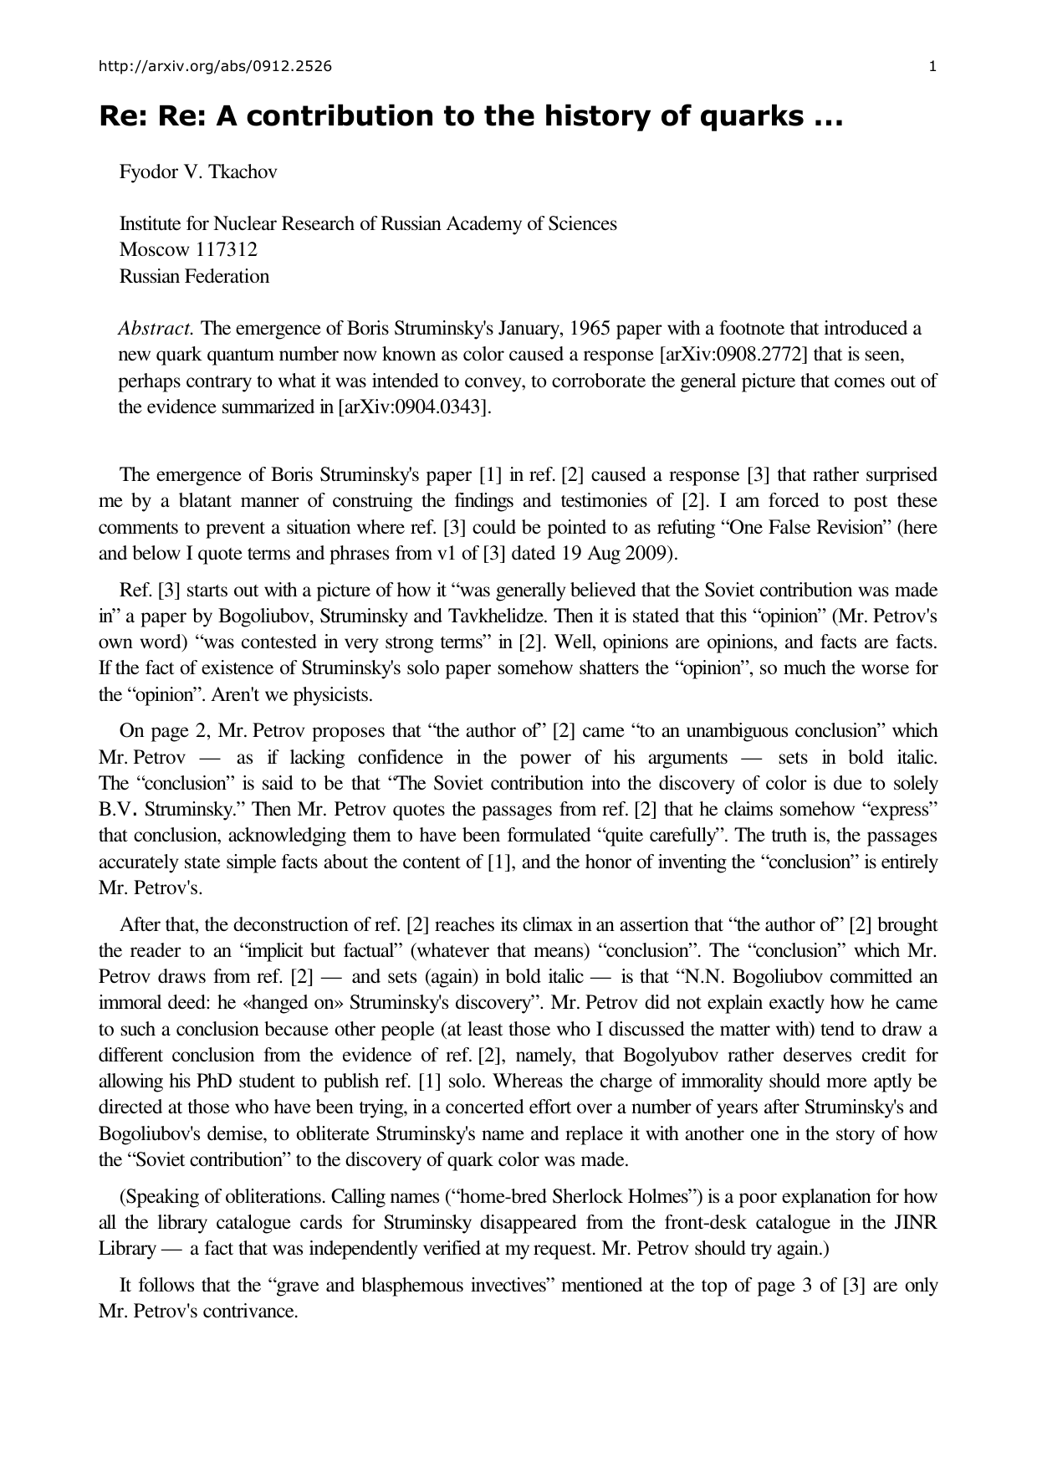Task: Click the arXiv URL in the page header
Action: [214, 67]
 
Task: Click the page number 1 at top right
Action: [932, 67]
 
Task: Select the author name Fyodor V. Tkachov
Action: [198, 172]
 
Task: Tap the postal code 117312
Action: [227, 250]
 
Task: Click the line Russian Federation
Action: [194, 276]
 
